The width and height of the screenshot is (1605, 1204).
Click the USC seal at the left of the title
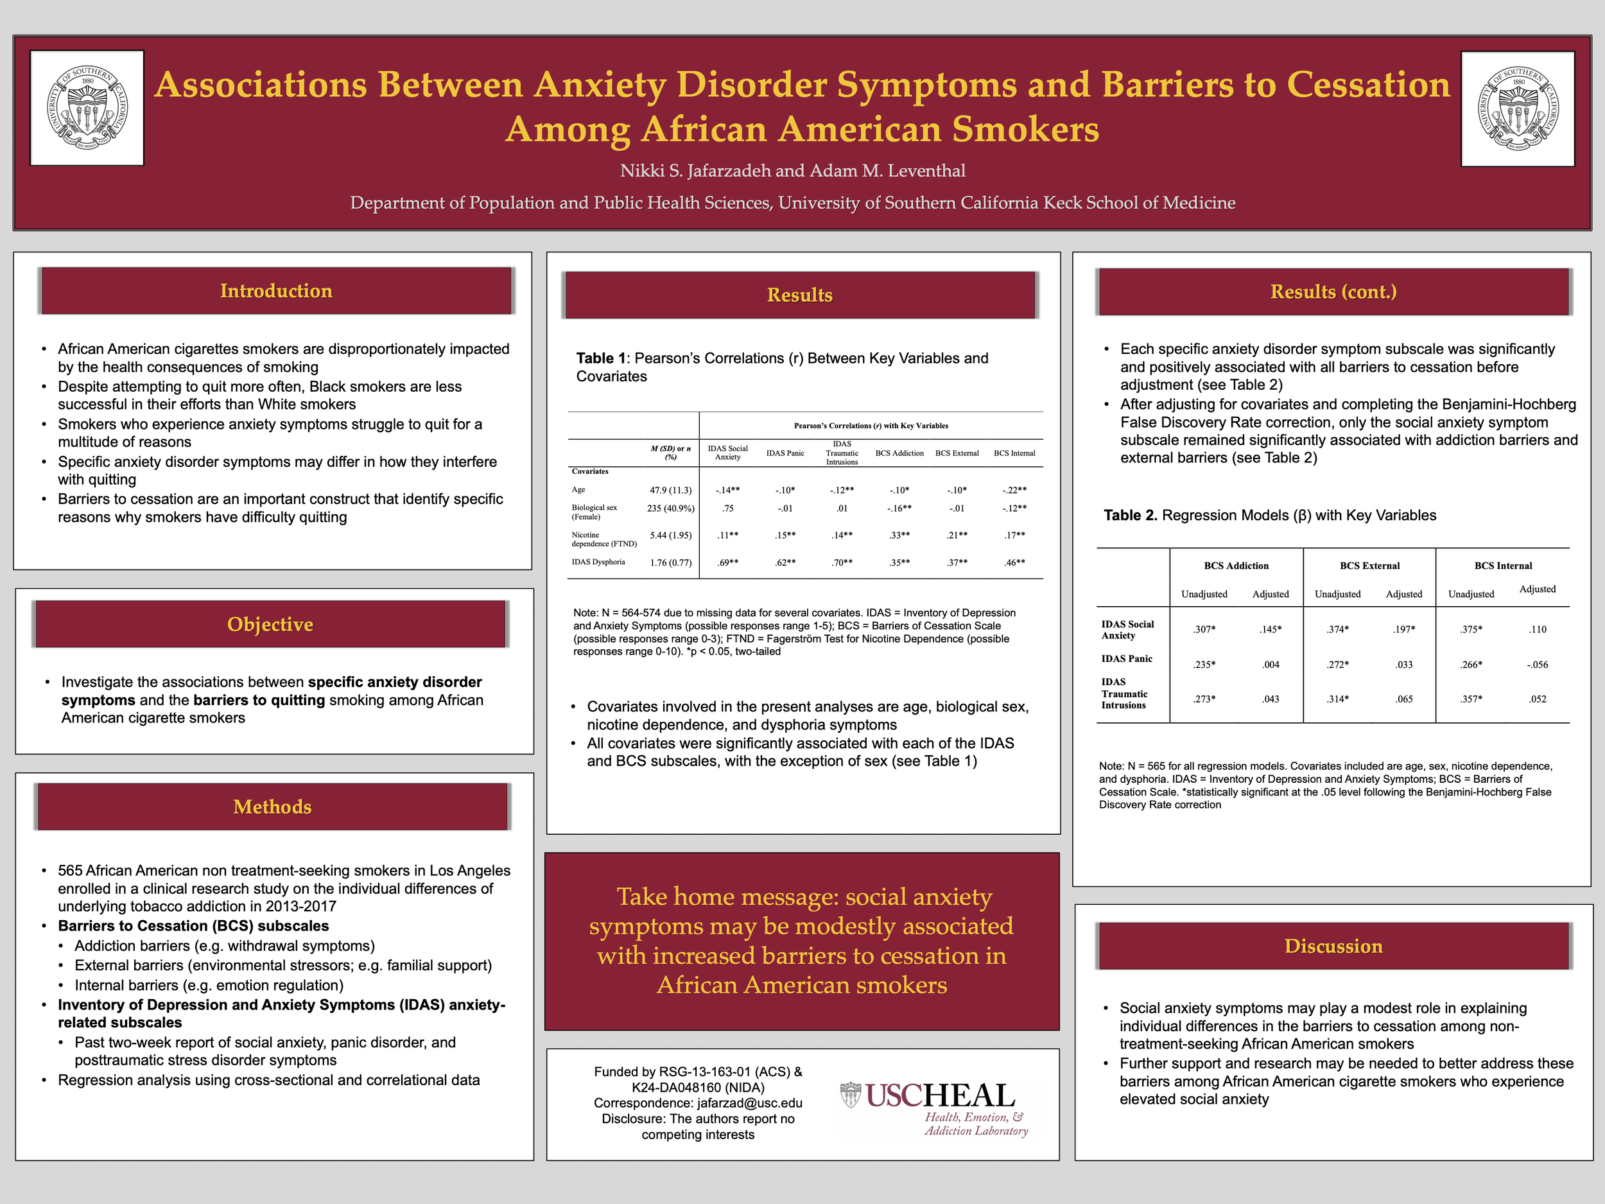pos(87,108)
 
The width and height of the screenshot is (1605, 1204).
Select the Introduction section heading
pos(275,291)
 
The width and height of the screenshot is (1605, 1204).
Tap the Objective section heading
pos(270,624)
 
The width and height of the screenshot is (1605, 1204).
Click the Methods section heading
pos(272,807)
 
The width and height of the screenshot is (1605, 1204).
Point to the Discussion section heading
pos(1333,947)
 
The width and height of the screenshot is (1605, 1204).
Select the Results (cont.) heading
pos(1333,292)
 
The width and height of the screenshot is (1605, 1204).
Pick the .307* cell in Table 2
pos(1204,629)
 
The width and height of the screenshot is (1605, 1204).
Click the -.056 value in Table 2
pos(1537,665)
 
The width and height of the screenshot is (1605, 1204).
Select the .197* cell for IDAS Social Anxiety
pos(1403,629)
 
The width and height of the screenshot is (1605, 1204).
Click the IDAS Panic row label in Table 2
pos(1126,659)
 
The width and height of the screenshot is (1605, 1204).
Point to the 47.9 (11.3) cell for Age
pos(670,490)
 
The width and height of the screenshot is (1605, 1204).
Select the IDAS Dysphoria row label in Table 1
pos(598,562)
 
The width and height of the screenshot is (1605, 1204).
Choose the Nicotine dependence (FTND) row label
pos(603,539)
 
